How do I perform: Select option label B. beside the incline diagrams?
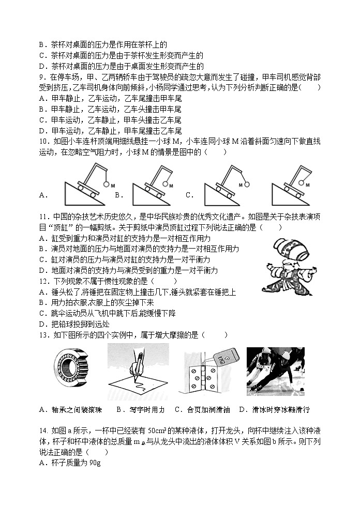point(119,195)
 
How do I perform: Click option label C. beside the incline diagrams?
point(189,195)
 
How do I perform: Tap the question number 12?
point(43,281)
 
